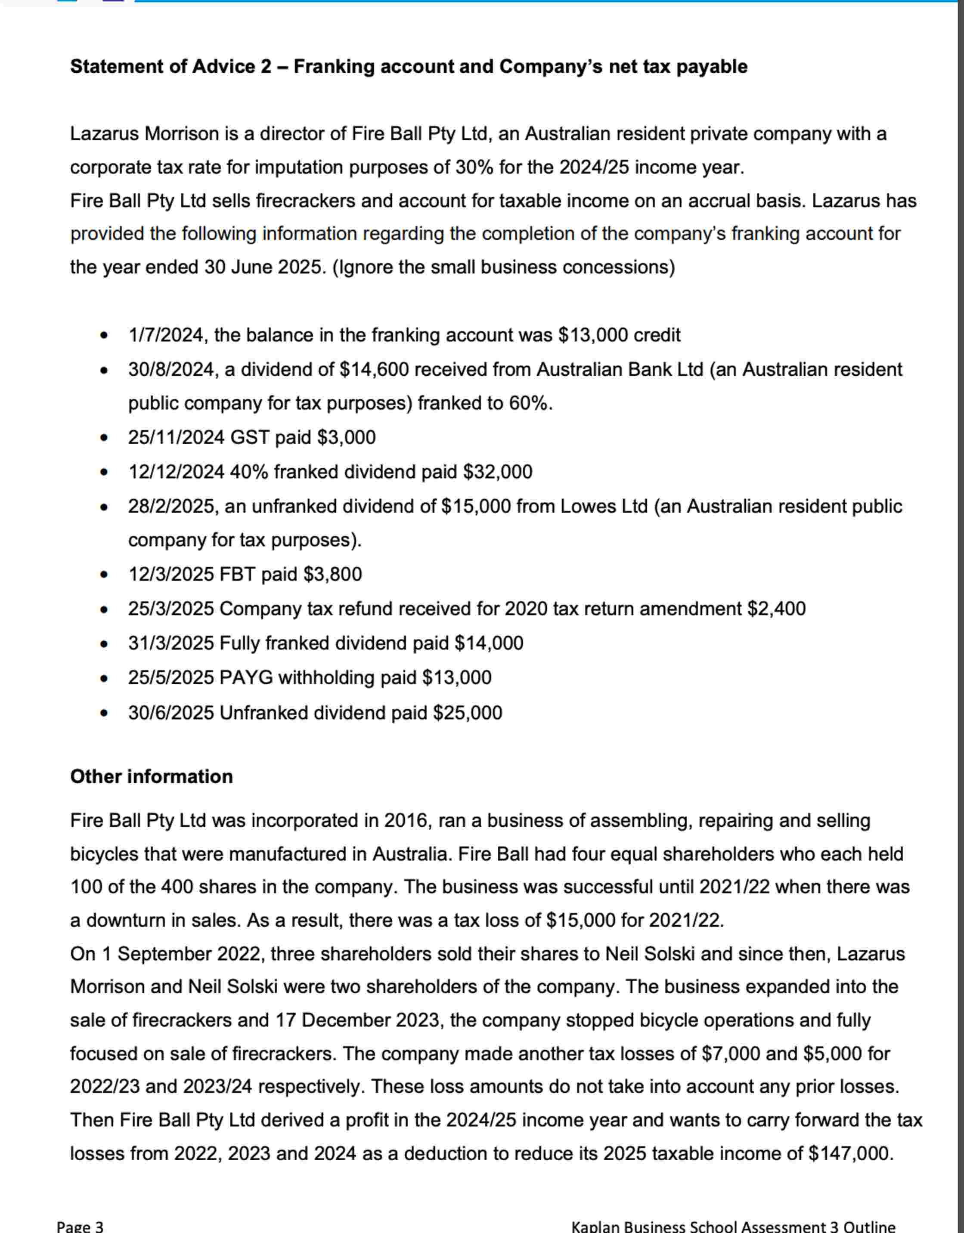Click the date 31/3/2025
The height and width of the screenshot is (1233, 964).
pyautogui.click(x=170, y=643)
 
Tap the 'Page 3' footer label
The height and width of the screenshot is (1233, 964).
pyautogui.click(x=80, y=1226)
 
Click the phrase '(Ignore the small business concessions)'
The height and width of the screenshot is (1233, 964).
pyautogui.click(x=504, y=267)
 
